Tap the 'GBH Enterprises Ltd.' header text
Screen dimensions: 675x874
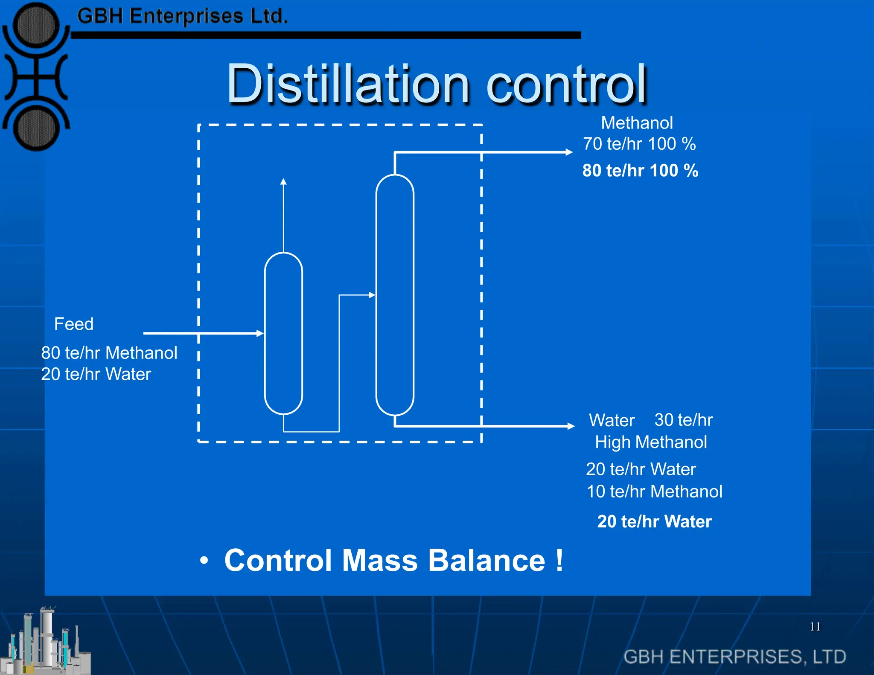(x=182, y=17)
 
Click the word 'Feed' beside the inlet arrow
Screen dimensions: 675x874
(x=74, y=324)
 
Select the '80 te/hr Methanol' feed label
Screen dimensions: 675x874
(x=109, y=353)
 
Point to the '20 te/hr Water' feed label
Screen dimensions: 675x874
(x=96, y=374)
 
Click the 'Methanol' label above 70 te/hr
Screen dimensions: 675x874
(x=637, y=123)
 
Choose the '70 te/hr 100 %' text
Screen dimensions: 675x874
(x=639, y=144)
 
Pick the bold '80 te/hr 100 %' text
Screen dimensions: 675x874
(x=640, y=171)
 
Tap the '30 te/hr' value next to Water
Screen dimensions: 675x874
(x=683, y=420)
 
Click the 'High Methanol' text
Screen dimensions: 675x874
(x=651, y=442)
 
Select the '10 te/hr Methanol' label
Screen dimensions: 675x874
(x=654, y=492)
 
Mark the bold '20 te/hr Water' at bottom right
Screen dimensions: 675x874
(x=654, y=521)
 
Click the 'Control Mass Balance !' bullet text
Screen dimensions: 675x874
(x=393, y=560)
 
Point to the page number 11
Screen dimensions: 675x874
(x=815, y=626)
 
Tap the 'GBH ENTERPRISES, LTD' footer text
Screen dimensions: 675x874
(x=734, y=657)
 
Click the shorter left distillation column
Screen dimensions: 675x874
(x=283, y=333)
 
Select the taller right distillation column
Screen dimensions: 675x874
(x=395, y=294)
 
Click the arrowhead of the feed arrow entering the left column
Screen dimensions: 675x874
(x=260, y=333)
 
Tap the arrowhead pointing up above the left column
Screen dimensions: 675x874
(x=283, y=182)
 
